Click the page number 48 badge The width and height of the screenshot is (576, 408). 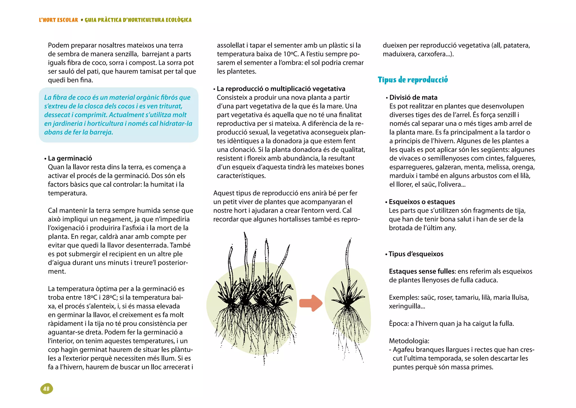click(x=47, y=389)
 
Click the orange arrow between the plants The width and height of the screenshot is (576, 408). click(x=310, y=303)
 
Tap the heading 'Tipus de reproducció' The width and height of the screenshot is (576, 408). click(x=413, y=80)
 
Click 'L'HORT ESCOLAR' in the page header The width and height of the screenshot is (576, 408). click(x=58, y=20)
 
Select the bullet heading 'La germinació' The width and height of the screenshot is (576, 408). click(x=70, y=158)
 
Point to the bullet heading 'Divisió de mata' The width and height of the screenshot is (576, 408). click(x=413, y=97)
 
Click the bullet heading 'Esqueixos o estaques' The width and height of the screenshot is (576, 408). click(x=422, y=202)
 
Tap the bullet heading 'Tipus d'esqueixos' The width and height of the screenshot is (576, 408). click(x=416, y=254)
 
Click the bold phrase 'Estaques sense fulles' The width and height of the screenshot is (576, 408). click(x=422, y=271)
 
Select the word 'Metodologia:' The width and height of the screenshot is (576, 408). click(x=409, y=341)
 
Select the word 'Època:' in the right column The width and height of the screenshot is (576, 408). click(x=399, y=323)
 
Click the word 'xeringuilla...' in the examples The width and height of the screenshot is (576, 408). click(x=407, y=306)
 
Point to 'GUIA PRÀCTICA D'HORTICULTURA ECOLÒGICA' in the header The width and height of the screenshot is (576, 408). click(x=138, y=20)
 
